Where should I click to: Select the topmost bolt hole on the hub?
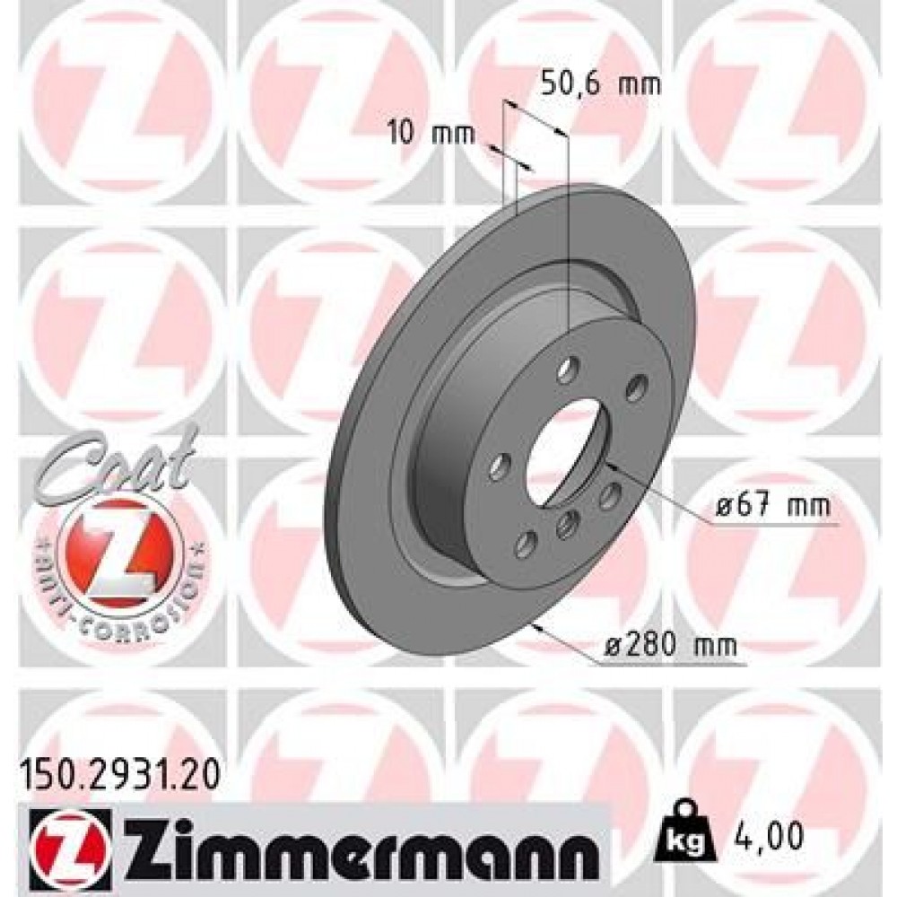pos(566,370)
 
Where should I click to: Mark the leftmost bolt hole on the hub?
pos(500,466)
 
